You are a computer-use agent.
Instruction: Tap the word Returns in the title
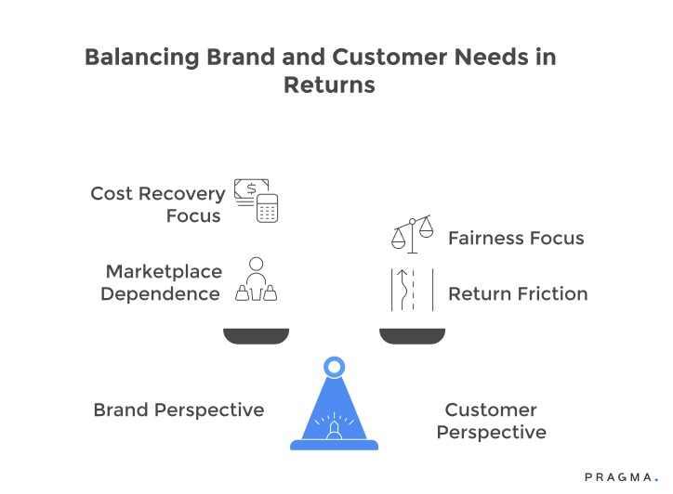tap(329, 84)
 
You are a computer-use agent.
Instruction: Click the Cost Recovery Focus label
tap(157, 204)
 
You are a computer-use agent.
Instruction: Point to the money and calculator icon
tap(256, 200)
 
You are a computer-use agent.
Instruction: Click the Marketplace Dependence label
tap(163, 282)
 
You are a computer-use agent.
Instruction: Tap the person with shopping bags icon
tap(256, 280)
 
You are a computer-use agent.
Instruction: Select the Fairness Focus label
tap(516, 238)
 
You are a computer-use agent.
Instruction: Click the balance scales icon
tap(412, 234)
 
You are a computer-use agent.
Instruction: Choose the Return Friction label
tap(518, 293)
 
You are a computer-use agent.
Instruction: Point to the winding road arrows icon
tap(412, 289)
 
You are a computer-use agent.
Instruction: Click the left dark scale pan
tap(256, 335)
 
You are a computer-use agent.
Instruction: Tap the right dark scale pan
tap(413, 335)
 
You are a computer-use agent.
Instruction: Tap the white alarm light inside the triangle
tap(334, 428)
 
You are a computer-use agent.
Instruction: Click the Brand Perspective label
tap(178, 409)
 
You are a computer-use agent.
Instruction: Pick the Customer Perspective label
tap(491, 421)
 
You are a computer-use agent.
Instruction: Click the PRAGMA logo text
tap(618, 476)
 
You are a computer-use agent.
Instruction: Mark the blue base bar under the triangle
tap(334, 445)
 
